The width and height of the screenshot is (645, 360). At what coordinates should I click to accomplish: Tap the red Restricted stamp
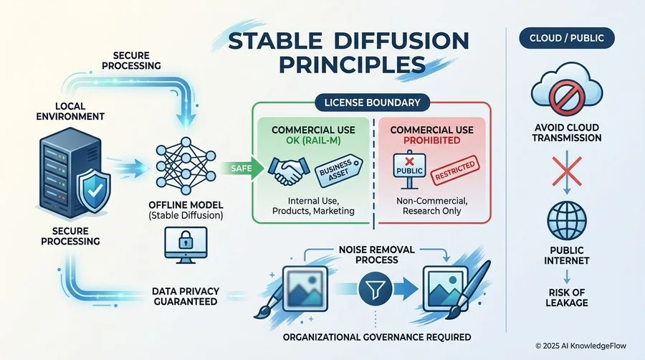pos(451,175)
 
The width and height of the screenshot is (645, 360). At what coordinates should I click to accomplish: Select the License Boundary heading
pos(372,102)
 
